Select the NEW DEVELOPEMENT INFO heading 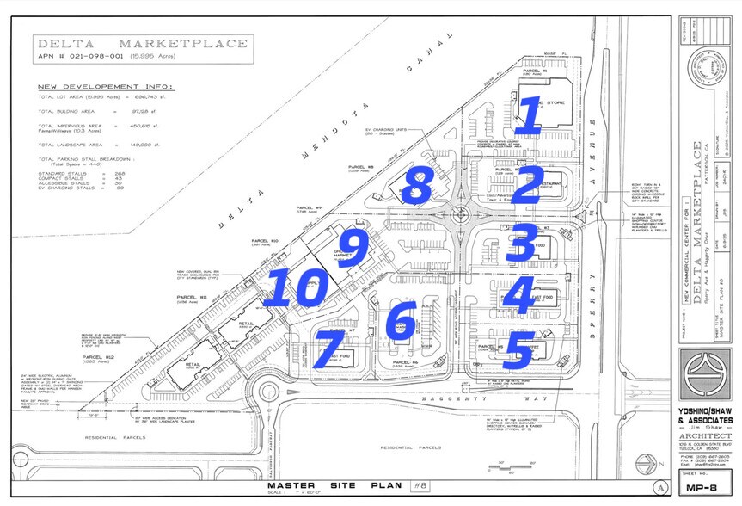tap(105, 87)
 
